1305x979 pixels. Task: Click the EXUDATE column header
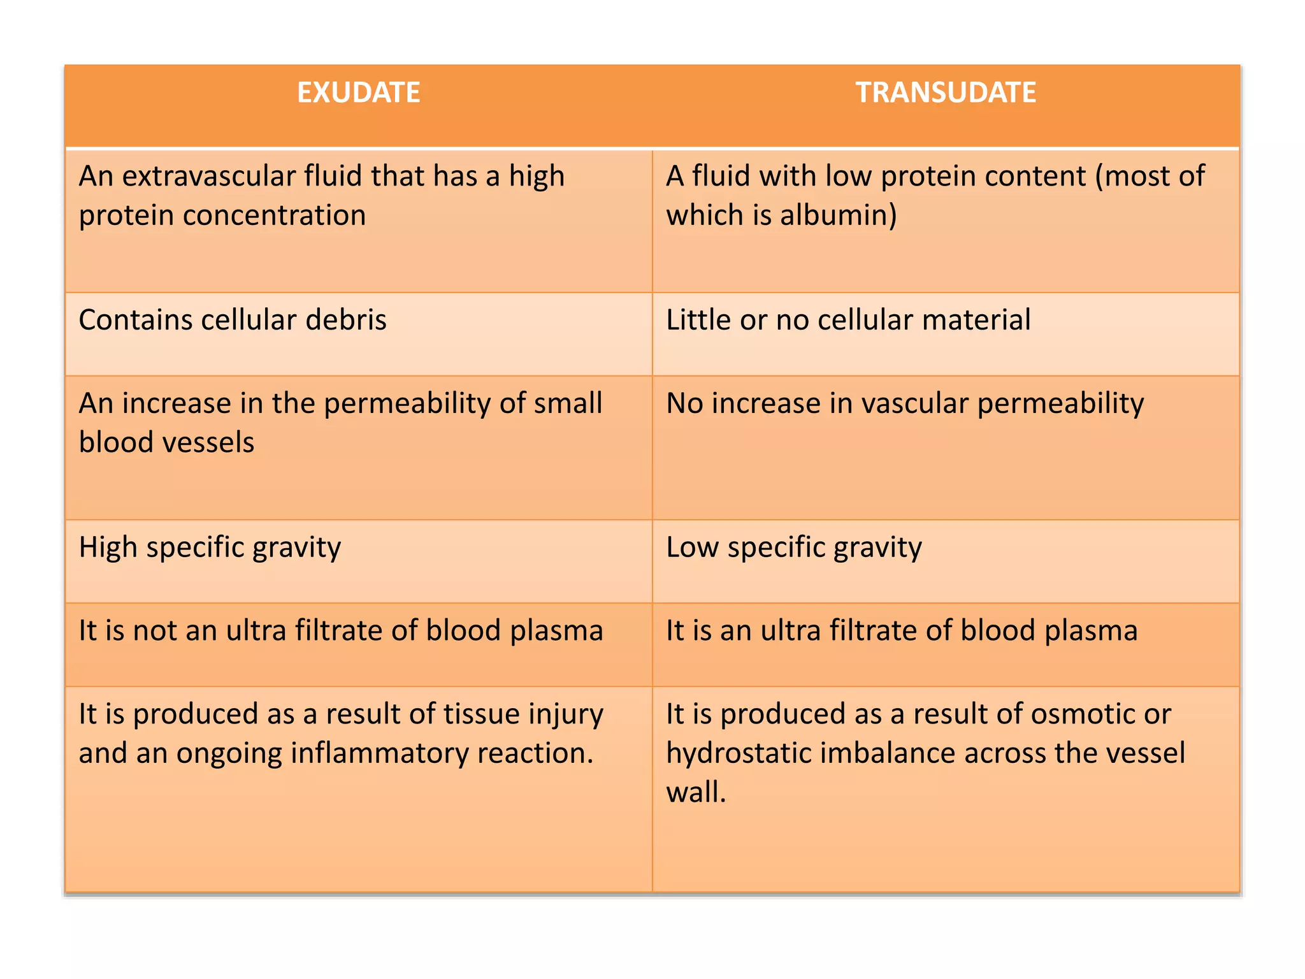pos(358,93)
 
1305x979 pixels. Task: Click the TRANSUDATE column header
pos(946,93)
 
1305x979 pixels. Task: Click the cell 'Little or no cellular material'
pos(848,320)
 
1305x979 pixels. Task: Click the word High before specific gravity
pos(108,548)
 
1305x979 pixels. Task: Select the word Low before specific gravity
pos(692,548)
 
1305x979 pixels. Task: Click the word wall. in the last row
pos(696,793)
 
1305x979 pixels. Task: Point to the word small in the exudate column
pos(568,403)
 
